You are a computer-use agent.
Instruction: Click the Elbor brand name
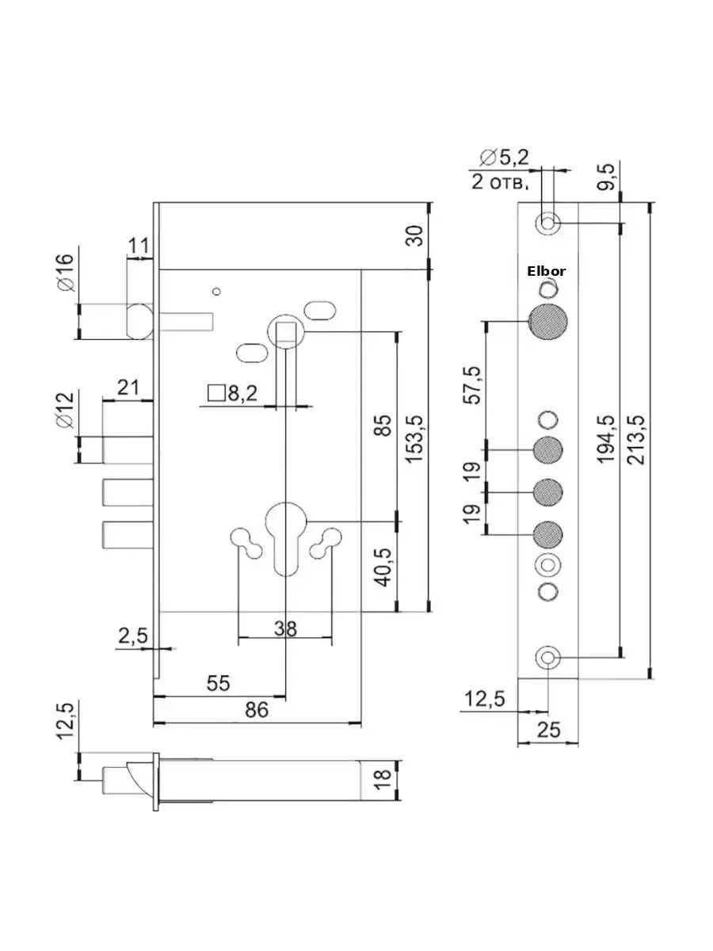coord(546,271)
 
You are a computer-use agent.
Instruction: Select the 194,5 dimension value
coord(606,439)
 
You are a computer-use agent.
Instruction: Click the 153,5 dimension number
coord(414,439)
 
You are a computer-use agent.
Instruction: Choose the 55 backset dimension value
coord(218,684)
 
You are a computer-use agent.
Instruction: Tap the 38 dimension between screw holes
coord(285,628)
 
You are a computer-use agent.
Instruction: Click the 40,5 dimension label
coord(383,568)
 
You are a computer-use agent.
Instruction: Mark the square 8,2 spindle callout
coord(233,393)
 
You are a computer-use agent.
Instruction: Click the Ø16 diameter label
coord(67,273)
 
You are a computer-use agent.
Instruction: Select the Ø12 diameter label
coord(65,411)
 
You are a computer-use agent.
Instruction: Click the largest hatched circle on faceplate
coord(547,322)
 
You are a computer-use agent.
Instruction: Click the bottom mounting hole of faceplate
coord(548,657)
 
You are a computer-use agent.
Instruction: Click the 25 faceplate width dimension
coord(548,730)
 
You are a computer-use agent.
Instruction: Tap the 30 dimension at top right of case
coord(414,235)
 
